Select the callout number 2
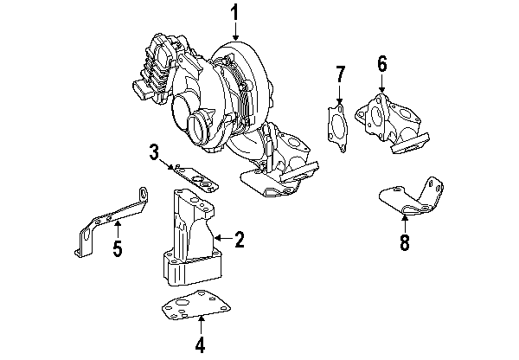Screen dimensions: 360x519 pyautogui.click(x=240, y=239)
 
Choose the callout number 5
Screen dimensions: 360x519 pyautogui.click(x=117, y=249)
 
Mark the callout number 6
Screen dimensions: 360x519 pyautogui.click(x=381, y=63)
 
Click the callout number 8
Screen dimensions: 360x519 pyautogui.click(x=403, y=242)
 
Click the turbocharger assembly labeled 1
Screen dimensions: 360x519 pyautogui.click(x=216, y=95)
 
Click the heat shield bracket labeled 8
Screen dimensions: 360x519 pyautogui.click(x=411, y=199)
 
